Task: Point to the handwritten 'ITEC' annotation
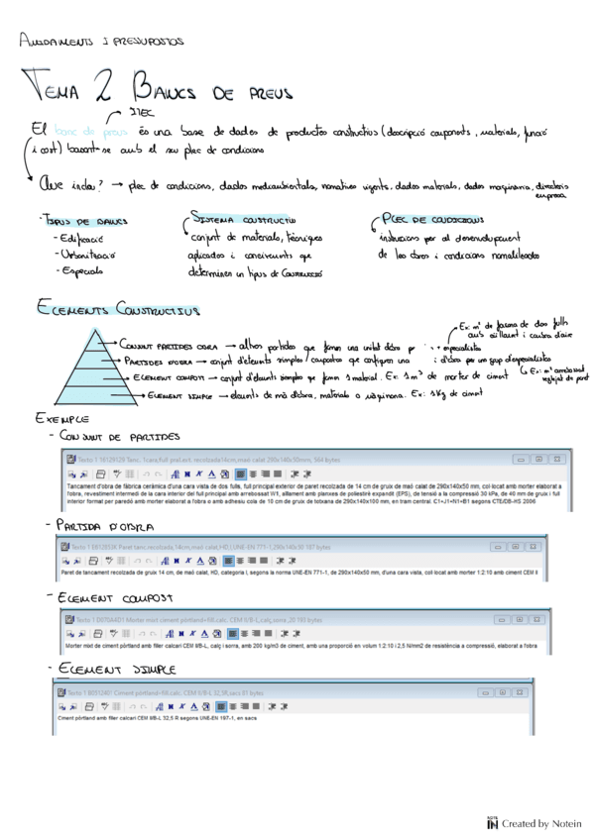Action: [x=137, y=113]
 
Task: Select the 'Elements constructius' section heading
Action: [x=117, y=310]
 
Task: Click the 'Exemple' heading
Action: [x=59, y=420]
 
